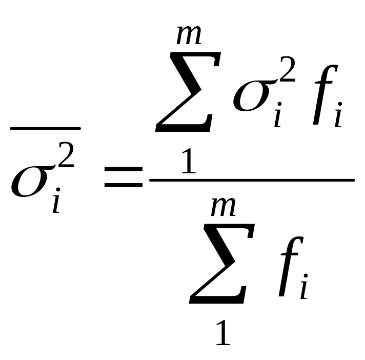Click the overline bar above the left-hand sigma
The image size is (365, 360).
45,128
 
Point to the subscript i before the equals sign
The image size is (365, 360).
56,202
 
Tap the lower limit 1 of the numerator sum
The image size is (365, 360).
188,163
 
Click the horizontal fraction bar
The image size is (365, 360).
251,180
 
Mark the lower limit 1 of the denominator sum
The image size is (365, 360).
221,333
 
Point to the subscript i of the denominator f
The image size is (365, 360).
305,290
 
